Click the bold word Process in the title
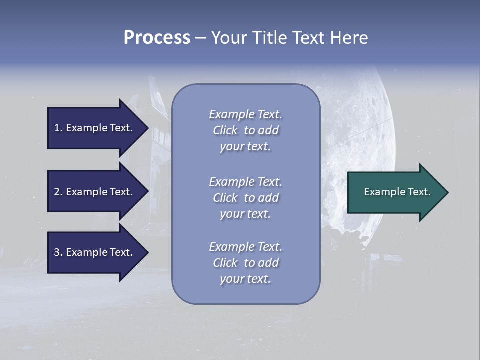pyautogui.click(x=157, y=38)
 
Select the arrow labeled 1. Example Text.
pyautogui.click(x=95, y=128)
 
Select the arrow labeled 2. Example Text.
pyautogui.click(x=95, y=192)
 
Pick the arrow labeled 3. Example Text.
pyautogui.click(x=95, y=252)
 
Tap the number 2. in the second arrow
pyautogui.click(x=58, y=192)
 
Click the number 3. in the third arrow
pyautogui.click(x=58, y=252)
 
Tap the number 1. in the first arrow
pyautogui.click(x=58, y=128)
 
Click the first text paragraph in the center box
pyautogui.click(x=245, y=130)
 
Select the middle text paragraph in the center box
pyautogui.click(x=245, y=198)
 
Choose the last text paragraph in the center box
pyautogui.click(x=245, y=263)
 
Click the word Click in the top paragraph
pyautogui.click(x=225, y=130)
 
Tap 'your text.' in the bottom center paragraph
pyautogui.click(x=245, y=279)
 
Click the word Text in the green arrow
pyautogui.click(x=419, y=192)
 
